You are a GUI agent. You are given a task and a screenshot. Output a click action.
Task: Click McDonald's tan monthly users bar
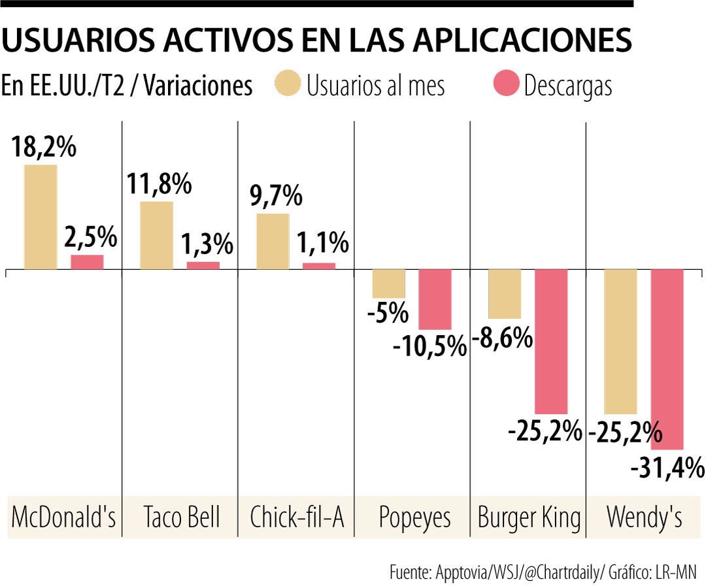click(41, 217)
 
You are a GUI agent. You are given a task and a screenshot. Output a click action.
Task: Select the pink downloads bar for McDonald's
click(87, 262)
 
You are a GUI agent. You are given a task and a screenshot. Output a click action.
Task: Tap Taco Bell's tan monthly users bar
click(157, 235)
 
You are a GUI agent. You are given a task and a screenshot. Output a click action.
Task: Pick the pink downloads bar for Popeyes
click(435, 299)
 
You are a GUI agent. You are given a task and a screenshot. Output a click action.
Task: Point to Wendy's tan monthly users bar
click(620, 342)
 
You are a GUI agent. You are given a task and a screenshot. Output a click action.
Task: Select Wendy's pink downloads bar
click(667, 359)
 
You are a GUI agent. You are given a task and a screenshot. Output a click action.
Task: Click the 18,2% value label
click(44, 148)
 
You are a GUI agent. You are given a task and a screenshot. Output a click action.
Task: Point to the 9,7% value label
click(276, 197)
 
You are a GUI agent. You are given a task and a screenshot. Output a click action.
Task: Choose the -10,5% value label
click(429, 346)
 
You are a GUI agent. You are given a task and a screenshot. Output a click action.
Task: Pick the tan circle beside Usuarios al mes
click(288, 84)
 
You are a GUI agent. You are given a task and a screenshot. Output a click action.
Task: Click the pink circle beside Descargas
click(506, 84)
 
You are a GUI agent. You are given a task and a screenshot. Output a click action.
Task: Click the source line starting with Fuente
click(543, 572)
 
